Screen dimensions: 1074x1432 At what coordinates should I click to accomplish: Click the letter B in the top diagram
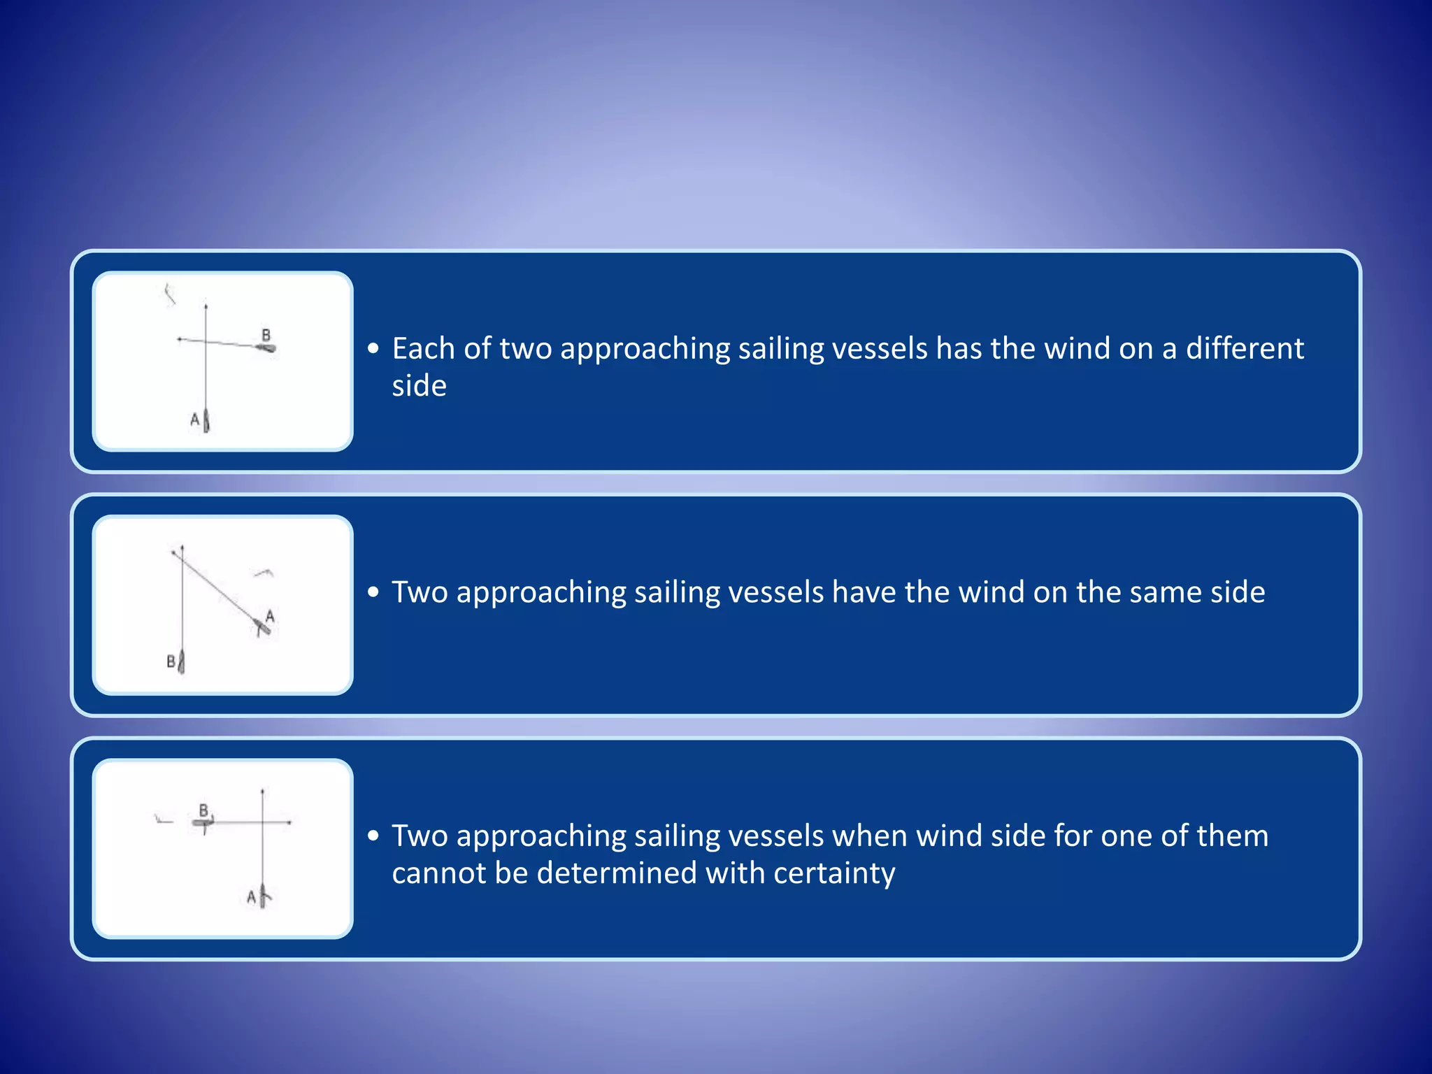click(x=266, y=335)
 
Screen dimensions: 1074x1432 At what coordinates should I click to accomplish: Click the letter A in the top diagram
click(x=195, y=420)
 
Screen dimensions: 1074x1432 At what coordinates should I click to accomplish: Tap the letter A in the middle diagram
click(x=270, y=616)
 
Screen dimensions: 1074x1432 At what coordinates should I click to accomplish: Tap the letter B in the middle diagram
click(x=171, y=661)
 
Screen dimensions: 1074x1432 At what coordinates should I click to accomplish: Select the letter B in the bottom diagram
click(x=203, y=810)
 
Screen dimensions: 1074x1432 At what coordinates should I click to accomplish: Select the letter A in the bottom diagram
click(x=251, y=896)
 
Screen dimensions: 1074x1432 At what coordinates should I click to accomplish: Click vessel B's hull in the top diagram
click(x=266, y=348)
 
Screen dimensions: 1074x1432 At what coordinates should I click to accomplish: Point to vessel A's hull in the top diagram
click(x=206, y=420)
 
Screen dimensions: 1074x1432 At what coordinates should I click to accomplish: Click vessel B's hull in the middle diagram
click(x=182, y=661)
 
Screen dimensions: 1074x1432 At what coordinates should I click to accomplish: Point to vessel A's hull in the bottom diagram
click(x=263, y=896)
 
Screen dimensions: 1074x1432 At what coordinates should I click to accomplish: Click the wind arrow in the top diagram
click(x=169, y=294)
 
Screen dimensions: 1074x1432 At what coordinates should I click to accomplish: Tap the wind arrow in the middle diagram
click(x=264, y=573)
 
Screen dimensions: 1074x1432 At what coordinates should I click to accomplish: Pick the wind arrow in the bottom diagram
click(x=163, y=819)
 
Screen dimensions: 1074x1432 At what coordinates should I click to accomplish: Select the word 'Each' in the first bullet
click(x=422, y=348)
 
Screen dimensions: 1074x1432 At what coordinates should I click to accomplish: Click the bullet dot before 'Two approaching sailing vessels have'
click(x=374, y=592)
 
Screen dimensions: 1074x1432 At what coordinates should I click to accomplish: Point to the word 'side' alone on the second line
click(x=419, y=386)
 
